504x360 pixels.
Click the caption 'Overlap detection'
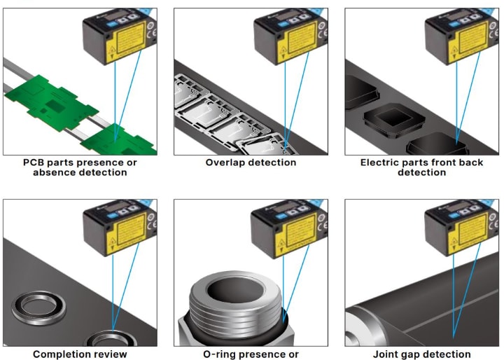coord(251,162)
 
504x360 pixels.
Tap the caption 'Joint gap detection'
coord(422,354)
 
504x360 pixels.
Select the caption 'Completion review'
coord(80,354)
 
